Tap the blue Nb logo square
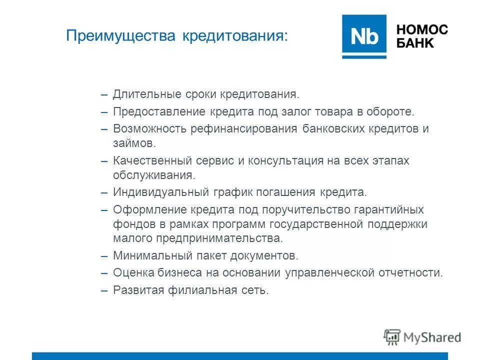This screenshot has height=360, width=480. [364, 36]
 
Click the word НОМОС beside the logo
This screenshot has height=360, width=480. [422, 29]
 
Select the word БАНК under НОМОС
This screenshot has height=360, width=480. [415, 43]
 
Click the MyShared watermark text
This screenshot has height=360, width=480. [432, 337]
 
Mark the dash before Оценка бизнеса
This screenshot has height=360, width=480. [104, 272]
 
